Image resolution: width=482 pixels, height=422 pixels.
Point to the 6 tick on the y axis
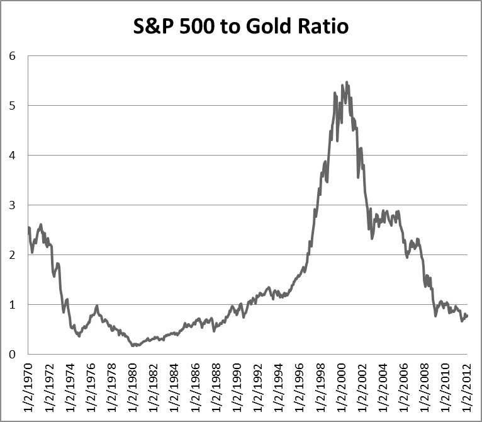pyautogui.click(x=12, y=55)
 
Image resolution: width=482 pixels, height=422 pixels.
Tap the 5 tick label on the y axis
pyautogui.click(x=12, y=105)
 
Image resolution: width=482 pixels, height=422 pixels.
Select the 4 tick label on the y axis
pyautogui.click(x=12, y=155)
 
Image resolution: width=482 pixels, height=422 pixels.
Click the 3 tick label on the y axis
pyautogui.click(x=12, y=205)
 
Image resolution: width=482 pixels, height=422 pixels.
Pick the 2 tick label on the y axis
pyautogui.click(x=12, y=254)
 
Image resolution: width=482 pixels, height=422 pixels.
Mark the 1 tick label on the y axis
pyautogui.click(x=12, y=304)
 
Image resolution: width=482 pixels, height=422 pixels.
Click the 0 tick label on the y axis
pyautogui.click(x=12, y=354)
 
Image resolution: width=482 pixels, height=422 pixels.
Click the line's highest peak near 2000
pyautogui.click(x=347, y=82)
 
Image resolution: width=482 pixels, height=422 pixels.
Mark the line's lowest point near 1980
pyautogui.click(x=133, y=346)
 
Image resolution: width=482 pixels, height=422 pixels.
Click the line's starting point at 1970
pyautogui.click(x=29, y=227)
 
